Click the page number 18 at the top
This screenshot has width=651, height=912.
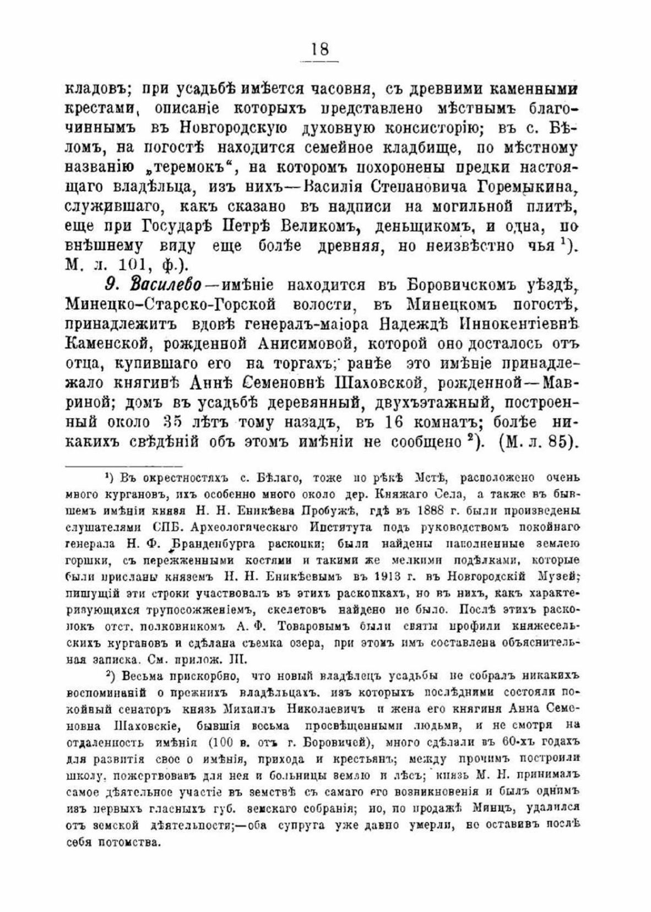click(319, 50)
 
